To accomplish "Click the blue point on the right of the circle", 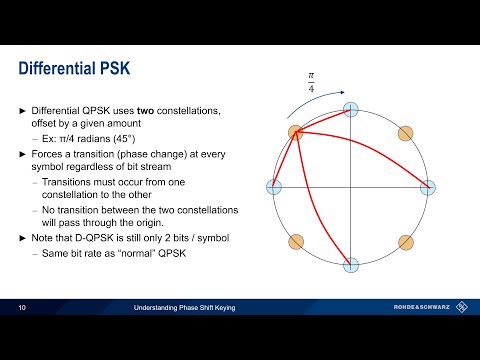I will [x=428, y=187].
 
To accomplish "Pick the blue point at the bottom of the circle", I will [x=351, y=265].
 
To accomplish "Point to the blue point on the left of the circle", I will [x=274, y=187].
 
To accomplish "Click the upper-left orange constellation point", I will [x=296, y=132].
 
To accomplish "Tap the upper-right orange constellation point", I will [x=405, y=132].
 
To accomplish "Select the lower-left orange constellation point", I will [x=296, y=242].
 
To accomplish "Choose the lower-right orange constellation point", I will [x=405, y=242].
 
